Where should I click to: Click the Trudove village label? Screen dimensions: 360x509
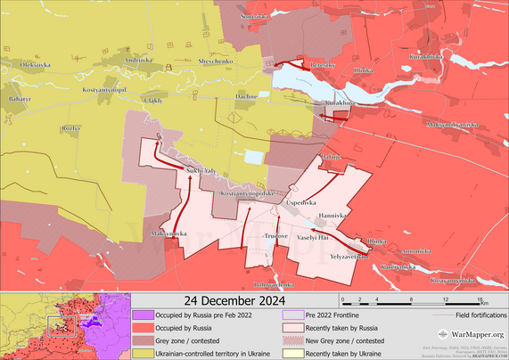click(275, 236)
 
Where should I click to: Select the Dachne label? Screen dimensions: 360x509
click(246, 95)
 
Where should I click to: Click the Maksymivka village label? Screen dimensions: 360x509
click(168, 233)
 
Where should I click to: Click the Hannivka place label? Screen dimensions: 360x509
click(333, 216)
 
